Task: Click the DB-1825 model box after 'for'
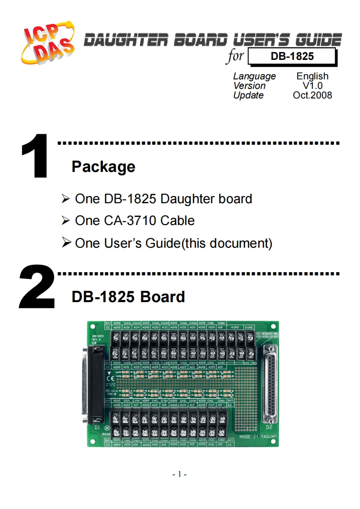[x=292, y=57]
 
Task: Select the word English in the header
[x=312, y=76]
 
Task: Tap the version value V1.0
[x=312, y=86]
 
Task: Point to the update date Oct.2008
[x=312, y=95]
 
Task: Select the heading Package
[x=103, y=166]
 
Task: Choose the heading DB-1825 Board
[x=128, y=297]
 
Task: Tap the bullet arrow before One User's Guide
[x=66, y=243]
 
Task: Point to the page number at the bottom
[x=180, y=475]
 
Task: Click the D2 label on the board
[x=269, y=427]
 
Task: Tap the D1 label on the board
[x=97, y=427]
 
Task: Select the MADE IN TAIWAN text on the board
[x=258, y=436]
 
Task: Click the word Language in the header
[x=254, y=76]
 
